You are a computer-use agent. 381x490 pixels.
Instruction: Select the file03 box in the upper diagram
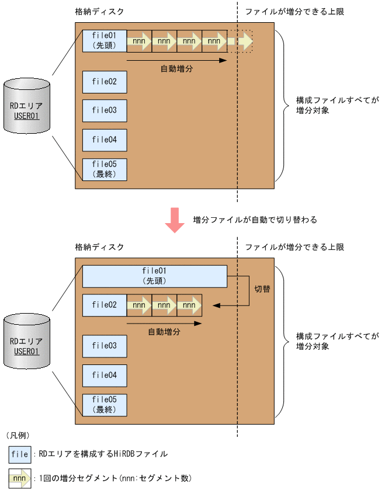105,110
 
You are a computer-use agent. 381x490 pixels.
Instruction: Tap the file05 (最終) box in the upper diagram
105,169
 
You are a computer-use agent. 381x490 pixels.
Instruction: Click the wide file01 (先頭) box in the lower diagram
155,276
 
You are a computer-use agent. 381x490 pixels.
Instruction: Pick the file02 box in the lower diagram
105,305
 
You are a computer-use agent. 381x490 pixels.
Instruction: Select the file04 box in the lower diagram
105,376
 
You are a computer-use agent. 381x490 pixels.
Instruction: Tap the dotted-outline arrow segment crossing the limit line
241,41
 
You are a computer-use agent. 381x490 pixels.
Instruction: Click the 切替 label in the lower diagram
262,289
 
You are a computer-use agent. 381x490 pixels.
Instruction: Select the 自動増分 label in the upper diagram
176,68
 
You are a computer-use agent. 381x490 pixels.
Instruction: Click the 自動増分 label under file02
164,331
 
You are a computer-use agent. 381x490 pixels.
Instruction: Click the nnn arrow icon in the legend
20,479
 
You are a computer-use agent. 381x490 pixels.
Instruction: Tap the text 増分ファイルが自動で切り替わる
255,220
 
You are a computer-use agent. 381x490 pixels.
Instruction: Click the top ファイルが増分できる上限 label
295,12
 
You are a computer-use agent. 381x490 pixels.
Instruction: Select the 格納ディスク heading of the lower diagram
100,247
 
